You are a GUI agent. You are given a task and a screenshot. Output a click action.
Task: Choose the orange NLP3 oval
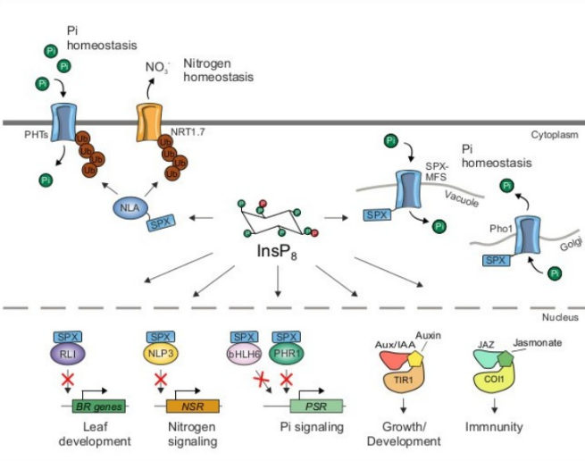[161, 350]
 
